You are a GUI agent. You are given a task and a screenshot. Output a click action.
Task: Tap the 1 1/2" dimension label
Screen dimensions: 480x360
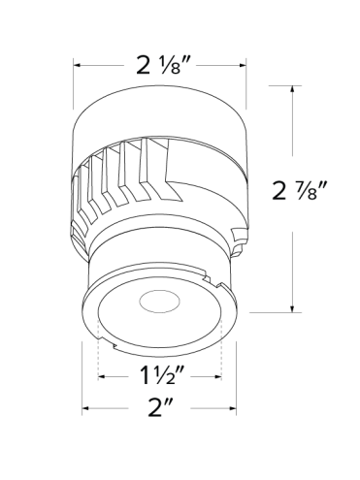tap(161, 374)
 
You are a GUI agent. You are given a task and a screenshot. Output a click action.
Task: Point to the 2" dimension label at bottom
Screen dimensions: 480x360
tap(160, 408)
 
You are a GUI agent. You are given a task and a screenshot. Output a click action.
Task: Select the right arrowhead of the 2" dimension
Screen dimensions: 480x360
tap(237, 408)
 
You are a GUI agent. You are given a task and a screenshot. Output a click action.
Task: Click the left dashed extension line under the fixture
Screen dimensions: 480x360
tap(101, 354)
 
